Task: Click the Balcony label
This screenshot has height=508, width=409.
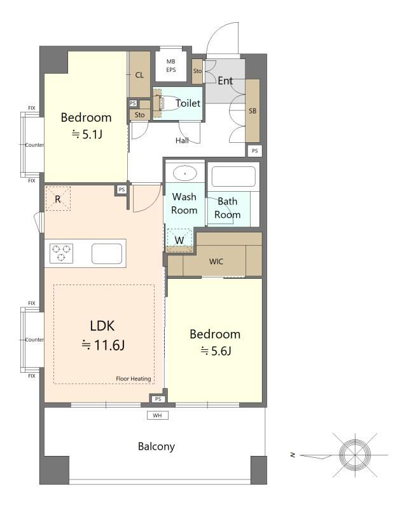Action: point(156,446)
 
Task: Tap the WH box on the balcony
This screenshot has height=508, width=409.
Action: point(158,415)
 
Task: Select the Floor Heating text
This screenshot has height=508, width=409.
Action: point(134,378)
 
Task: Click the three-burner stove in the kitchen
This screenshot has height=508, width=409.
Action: point(61,253)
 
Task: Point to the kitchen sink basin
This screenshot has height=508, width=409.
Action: point(107,253)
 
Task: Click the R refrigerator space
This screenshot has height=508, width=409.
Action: point(58,199)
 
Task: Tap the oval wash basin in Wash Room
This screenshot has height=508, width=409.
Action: point(184,173)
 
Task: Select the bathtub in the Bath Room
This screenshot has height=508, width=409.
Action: point(233,177)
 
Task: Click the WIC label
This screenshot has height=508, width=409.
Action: point(216,262)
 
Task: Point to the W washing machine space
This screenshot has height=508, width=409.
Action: point(179,240)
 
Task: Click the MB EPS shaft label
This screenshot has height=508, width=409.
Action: point(171,65)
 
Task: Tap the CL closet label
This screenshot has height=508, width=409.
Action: point(139,75)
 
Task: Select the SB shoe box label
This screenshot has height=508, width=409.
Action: point(253,110)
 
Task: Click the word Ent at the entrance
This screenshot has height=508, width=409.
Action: point(225,81)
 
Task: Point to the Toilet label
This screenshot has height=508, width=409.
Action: point(188,104)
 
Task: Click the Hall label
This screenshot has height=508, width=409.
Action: point(182,140)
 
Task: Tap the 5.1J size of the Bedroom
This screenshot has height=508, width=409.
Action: point(87,134)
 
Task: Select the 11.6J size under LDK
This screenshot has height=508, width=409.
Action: point(103,345)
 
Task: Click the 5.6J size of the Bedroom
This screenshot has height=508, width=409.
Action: point(216,351)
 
